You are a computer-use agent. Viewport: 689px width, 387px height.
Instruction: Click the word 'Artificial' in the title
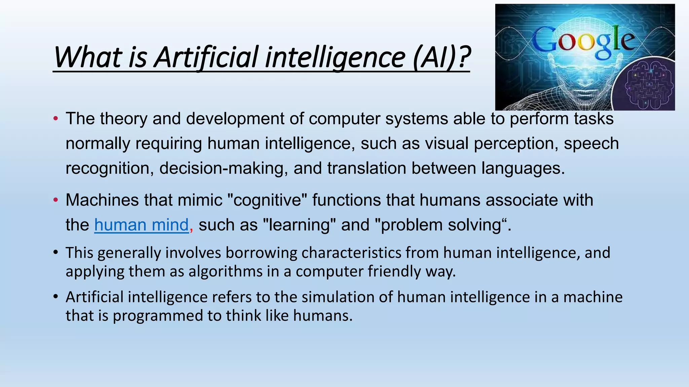[x=207, y=57]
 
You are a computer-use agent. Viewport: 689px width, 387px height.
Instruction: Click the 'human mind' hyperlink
[x=141, y=225]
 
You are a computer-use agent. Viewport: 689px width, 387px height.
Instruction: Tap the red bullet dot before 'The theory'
[x=56, y=119]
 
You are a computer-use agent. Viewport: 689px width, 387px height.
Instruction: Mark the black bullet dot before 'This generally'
[x=56, y=253]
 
